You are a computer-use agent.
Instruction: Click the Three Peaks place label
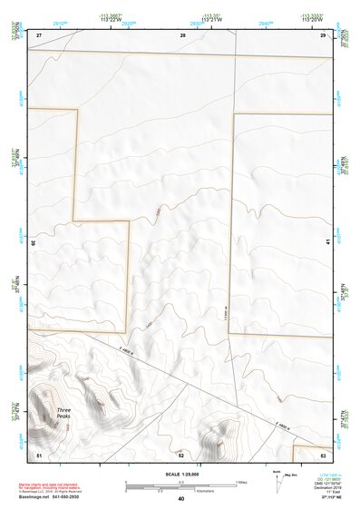(x=63, y=413)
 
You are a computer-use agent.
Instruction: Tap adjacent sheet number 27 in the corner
(x=39, y=34)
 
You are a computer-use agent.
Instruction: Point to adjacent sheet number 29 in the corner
(x=324, y=34)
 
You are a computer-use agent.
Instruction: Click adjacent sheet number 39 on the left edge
(x=34, y=242)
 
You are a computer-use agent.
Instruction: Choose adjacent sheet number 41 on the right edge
(x=327, y=242)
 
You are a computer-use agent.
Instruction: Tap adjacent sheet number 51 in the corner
(x=39, y=453)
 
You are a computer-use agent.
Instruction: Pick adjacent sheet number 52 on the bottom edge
(x=181, y=454)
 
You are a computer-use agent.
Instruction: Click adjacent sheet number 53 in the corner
(x=324, y=453)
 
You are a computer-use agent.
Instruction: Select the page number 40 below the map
(x=180, y=499)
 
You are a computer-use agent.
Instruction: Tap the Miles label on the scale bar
(x=240, y=482)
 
